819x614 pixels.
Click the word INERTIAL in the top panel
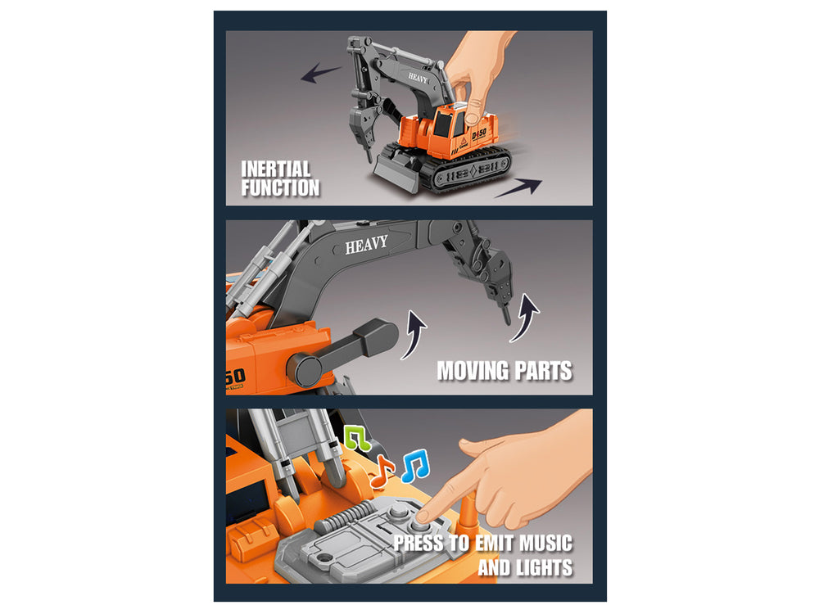(276, 169)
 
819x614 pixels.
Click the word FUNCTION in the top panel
(280, 188)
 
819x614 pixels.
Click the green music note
(357, 438)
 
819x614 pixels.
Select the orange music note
(382, 471)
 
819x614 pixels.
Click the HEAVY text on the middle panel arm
(367, 244)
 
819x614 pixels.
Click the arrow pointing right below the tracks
(518, 187)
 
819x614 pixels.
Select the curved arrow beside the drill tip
(525, 318)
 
